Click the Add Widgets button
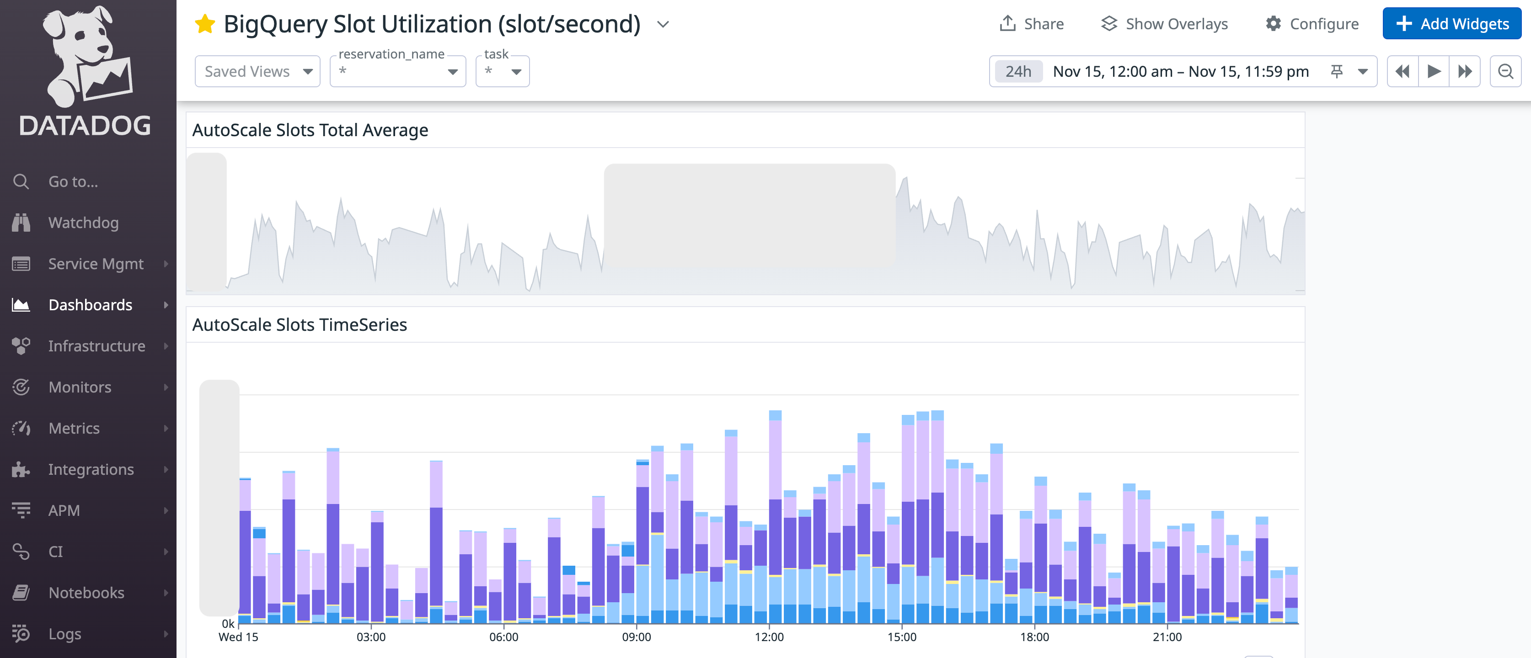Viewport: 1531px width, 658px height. [x=1451, y=24]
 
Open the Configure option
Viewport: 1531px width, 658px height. [x=1312, y=24]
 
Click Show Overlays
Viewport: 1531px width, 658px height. [x=1164, y=24]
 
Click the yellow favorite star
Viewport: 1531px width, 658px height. [x=205, y=24]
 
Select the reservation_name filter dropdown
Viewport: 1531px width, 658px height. [x=397, y=72]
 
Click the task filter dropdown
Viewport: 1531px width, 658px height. [x=502, y=72]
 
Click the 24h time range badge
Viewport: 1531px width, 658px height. [x=1018, y=71]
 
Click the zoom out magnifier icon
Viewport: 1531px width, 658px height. [x=1505, y=71]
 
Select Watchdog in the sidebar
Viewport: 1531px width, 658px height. [x=83, y=223]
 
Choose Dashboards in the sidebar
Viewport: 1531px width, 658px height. [x=91, y=305]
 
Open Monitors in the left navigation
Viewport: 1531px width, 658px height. [x=80, y=387]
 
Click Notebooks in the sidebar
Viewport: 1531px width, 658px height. [x=86, y=593]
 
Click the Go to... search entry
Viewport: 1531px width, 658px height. [x=73, y=182]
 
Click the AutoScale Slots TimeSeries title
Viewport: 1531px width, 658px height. [x=300, y=325]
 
